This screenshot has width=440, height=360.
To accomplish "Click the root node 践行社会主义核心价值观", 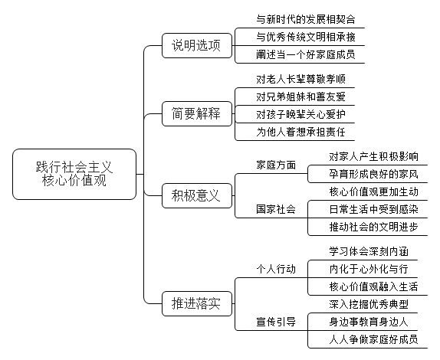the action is point(74,174).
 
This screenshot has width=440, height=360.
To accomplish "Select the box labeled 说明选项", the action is point(197,45).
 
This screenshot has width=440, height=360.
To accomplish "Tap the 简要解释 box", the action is point(197,113).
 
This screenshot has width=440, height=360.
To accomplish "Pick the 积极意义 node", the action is point(197,195).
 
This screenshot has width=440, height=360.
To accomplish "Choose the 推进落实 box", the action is point(197,303).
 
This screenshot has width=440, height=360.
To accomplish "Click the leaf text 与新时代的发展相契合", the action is point(306,19).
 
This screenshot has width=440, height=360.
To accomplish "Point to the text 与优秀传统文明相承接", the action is point(306,37).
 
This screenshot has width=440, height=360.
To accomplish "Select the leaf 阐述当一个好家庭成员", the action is point(306,54).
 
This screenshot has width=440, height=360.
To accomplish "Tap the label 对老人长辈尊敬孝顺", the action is point(300,80).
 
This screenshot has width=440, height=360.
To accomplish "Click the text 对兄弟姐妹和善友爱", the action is point(300,97).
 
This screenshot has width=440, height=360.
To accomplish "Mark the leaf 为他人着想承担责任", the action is point(300,132).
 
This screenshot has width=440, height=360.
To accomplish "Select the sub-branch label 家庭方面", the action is point(276,165).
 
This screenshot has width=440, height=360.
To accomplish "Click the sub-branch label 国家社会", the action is point(276,209).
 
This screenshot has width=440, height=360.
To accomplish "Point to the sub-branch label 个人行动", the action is point(276,269).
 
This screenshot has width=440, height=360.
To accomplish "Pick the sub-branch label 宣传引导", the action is point(276,322).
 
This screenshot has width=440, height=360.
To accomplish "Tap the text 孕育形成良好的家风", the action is point(373,174).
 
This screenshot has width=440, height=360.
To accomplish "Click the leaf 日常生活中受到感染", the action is point(373,209).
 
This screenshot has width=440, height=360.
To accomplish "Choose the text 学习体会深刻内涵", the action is point(369,251).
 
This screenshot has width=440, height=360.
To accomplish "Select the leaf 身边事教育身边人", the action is point(369,322).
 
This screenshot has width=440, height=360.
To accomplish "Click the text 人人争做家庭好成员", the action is point(373,339).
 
